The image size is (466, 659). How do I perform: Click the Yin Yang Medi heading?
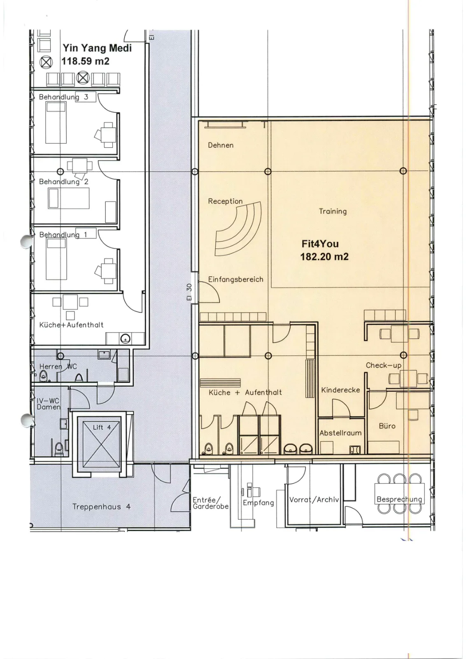[x=97, y=48]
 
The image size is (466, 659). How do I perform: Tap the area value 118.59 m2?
[x=85, y=61]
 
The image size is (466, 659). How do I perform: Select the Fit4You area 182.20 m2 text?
[x=324, y=257]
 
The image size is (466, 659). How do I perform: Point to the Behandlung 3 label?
[x=63, y=97]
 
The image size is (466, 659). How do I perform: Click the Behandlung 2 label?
[x=63, y=182]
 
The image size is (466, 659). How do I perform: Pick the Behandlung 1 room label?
[x=63, y=234]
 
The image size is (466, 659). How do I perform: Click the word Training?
[x=333, y=211]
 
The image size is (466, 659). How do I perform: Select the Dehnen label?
[x=221, y=145]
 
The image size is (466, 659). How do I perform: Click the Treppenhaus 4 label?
[x=101, y=507]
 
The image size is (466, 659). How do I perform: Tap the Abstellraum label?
[x=340, y=433]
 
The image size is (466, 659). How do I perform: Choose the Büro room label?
[x=387, y=426]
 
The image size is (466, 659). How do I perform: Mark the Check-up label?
[x=383, y=365]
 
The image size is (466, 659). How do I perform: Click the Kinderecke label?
[x=340, y=390]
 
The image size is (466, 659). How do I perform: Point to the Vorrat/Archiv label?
[x=314, y=500]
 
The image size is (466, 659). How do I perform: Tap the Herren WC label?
[x=58, y=367]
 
